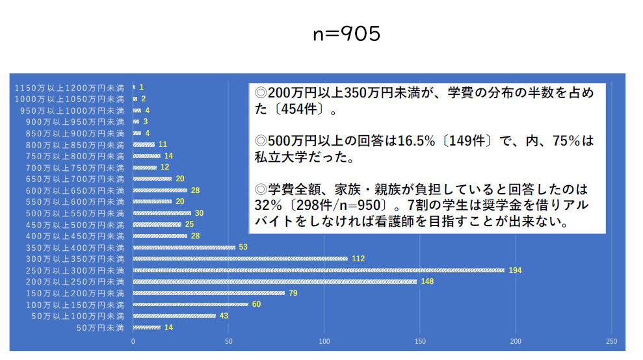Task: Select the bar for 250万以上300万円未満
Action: [x=319, y=270]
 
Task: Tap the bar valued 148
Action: [x=275, y=282]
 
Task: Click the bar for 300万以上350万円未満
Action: [x=241, y=259]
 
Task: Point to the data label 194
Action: [x=516, y=270]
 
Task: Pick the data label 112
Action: [x=358, y=259]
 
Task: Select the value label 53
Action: [x=243, y=247]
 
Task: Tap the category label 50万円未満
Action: [x=100, y=328]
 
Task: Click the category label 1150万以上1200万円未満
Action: [x=70, y=87]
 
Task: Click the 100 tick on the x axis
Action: [x=324, y=342]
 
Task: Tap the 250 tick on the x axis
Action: [x=611, y=342]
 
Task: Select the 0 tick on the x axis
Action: [x=133, y=342]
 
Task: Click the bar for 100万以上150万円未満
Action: [x=190, y=305]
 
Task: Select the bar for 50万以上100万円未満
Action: [x=174, y=316]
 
